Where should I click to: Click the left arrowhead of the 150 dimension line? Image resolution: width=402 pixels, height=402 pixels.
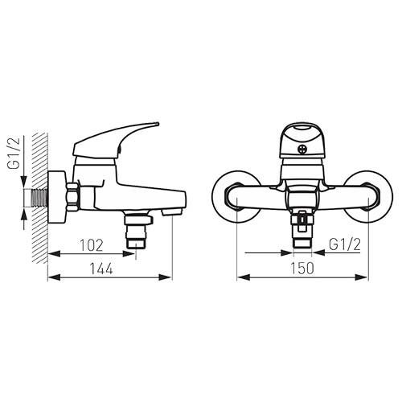pos(240,278)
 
